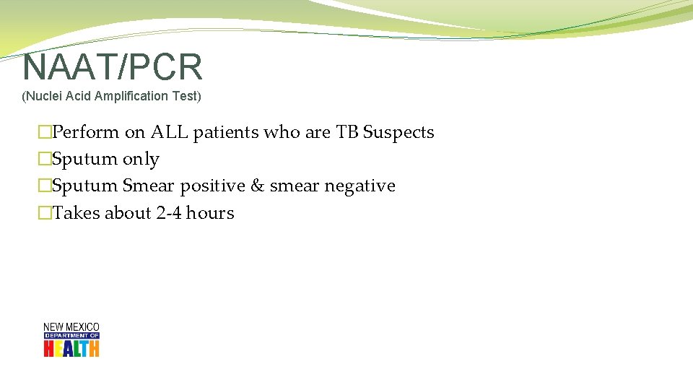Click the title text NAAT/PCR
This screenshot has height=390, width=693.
pos(113,67)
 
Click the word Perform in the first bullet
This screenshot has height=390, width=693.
pos(86,132)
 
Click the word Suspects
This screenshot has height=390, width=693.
pos(398,132)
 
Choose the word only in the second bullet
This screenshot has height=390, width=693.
pos(141,160)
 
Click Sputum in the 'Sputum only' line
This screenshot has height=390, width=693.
pos(85,160)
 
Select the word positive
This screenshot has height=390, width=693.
pos(213,186)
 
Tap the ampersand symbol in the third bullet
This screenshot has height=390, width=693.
pos(258,186)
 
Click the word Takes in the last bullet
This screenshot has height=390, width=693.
pos(77,213)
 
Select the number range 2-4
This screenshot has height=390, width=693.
pos(168,213)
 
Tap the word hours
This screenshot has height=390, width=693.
pos(210,213)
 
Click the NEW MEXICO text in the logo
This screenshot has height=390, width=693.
pos(71,327)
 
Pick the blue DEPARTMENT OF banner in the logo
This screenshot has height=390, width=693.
pos(71,336)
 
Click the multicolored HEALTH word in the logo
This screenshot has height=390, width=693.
pos(71,348)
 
